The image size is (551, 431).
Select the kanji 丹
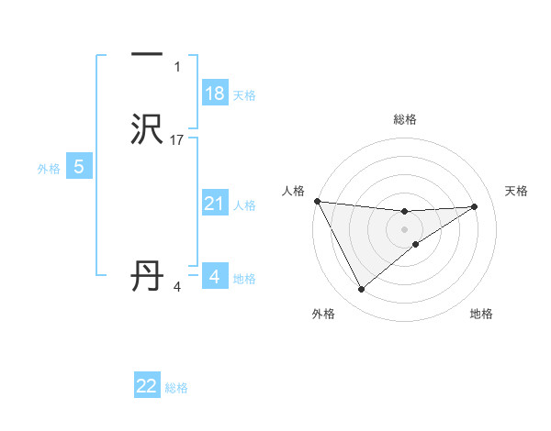[147, 276]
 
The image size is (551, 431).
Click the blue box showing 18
[215, 94]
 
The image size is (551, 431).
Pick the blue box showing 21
[215, 204]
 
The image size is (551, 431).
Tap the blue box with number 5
[79, 167]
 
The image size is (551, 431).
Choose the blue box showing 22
[147, 386]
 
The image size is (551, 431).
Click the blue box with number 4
[215, 276]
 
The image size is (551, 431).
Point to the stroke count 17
[178, 140]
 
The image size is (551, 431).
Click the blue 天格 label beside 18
[244, 95]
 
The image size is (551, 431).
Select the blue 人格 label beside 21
[245, 205]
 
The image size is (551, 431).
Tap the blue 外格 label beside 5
[49, 169]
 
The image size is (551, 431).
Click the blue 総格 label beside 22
[177, 388]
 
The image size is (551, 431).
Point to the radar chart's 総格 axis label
[405, 119]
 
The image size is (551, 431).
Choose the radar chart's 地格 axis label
[481, 314]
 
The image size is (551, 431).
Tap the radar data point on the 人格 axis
[317, 201]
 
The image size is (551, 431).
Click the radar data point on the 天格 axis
[475, 206]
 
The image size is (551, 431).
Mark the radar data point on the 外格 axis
[361, 290]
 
